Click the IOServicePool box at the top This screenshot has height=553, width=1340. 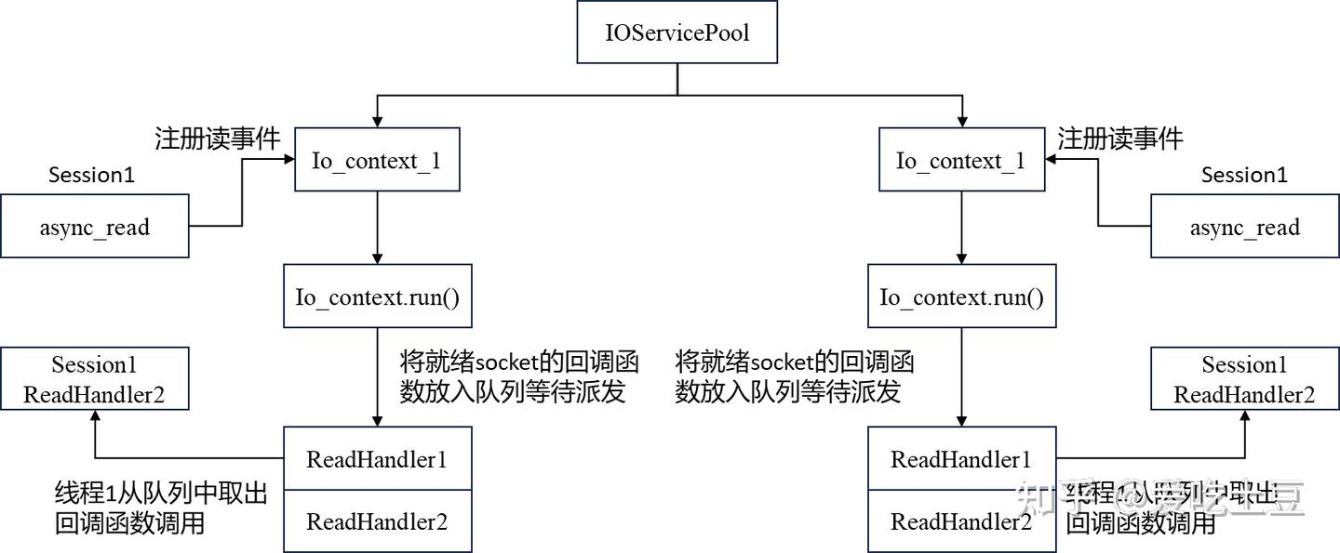coord(677,33)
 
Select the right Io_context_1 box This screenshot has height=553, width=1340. coord(959,160)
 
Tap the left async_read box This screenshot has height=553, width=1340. coord(94,227)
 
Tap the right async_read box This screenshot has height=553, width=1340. coord(1244,227)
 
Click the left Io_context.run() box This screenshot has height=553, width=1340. coord(376,296)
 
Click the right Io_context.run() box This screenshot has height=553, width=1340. coord(961,296)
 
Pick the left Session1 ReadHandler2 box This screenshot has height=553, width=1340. coord(94,379)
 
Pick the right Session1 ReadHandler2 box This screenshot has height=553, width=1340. coord(1244,379)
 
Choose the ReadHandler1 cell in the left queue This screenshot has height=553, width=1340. coord(377,458)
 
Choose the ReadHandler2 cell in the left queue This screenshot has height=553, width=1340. coord(377,521)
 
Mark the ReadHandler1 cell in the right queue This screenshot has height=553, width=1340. coord(961,458)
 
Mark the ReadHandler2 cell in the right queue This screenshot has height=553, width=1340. coord(961,521)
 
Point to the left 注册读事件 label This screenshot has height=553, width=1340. coord(218,139)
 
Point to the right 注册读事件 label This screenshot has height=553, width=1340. coord(1120,139)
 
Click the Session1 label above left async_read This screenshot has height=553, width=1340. coord(91,175)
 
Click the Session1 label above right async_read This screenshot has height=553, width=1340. coord(1244,175)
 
